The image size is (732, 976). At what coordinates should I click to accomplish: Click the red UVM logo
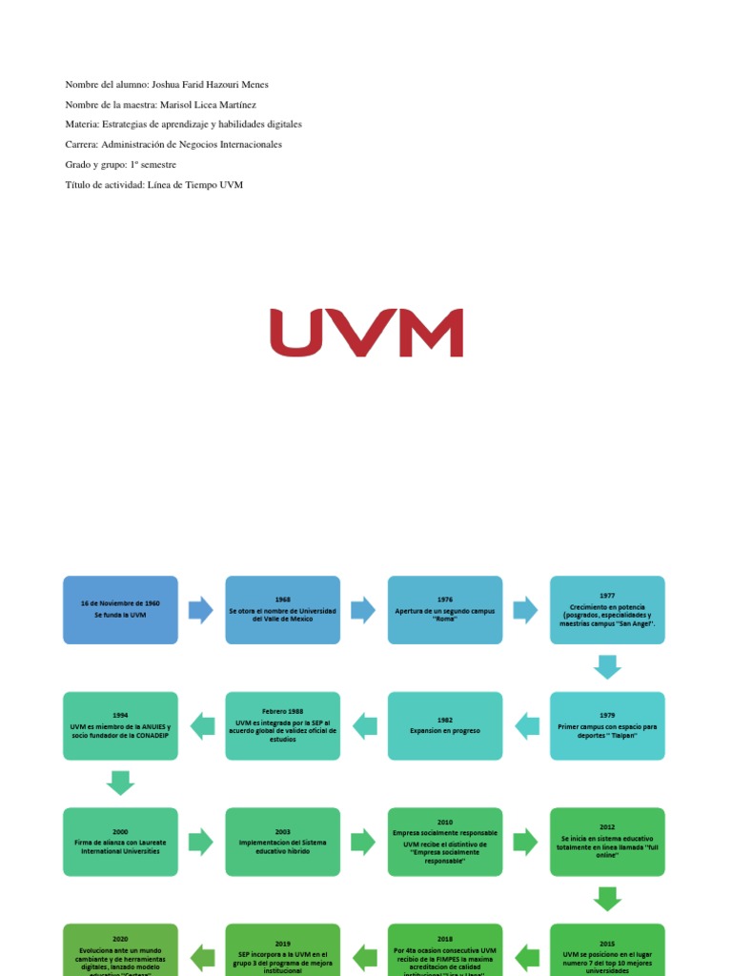coord(366,333)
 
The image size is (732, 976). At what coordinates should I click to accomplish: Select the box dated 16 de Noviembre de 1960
coord(120,610)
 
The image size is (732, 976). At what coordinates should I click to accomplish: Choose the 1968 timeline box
coord(282,610)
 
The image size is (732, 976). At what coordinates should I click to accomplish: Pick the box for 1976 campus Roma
coord(445,610)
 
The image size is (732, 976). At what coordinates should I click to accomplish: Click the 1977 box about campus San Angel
coord(607,610)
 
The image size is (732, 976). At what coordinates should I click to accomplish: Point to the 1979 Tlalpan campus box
coord(607,726)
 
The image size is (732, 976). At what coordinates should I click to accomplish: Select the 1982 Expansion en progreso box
coord(445,726)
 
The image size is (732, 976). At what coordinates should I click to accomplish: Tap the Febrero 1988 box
coord(282,726)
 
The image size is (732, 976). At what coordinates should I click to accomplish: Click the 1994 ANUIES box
coord(120,726)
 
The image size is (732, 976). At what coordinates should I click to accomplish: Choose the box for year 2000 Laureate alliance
coord(120,842)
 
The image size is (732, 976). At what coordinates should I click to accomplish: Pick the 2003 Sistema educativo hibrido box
coord(282,842)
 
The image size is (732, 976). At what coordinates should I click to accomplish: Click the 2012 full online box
coord(607,842)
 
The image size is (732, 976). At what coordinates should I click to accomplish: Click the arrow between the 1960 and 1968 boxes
coord(201,610)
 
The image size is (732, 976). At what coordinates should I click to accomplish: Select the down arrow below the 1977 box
coord(607,667)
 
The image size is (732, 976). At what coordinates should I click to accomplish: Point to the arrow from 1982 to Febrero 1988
coord(364,726)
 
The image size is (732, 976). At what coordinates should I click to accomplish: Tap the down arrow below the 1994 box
coord(120,783)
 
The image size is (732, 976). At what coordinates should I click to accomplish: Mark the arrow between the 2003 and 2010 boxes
coord(364,842)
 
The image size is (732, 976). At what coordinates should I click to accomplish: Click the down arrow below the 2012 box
coord(607,899)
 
